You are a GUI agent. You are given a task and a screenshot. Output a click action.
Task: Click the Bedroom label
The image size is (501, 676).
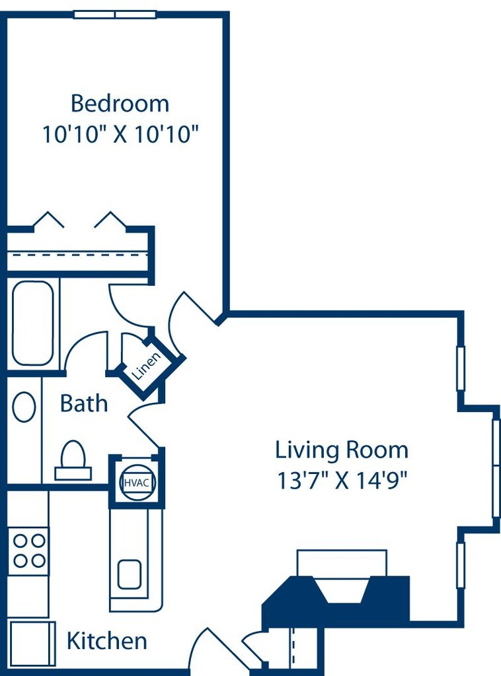(120, 104)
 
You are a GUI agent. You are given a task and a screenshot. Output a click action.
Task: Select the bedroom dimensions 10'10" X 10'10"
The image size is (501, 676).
(120, 135)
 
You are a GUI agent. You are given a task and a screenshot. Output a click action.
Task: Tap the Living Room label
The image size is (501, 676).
(341, 450)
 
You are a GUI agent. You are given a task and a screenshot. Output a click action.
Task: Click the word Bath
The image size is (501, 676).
(84, 403)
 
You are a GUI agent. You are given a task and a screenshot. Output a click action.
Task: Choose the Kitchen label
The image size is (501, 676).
(107, 640)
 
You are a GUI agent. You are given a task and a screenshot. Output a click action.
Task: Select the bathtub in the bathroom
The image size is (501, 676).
(33, 323)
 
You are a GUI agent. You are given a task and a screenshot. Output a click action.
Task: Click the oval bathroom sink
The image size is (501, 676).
(24, 407)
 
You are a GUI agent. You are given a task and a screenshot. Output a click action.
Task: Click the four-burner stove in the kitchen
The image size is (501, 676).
(29, 551)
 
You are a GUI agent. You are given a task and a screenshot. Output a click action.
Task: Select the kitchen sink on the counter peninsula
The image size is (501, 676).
(130, 574)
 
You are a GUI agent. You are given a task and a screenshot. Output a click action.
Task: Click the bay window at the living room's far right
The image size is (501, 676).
(496, 467)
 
